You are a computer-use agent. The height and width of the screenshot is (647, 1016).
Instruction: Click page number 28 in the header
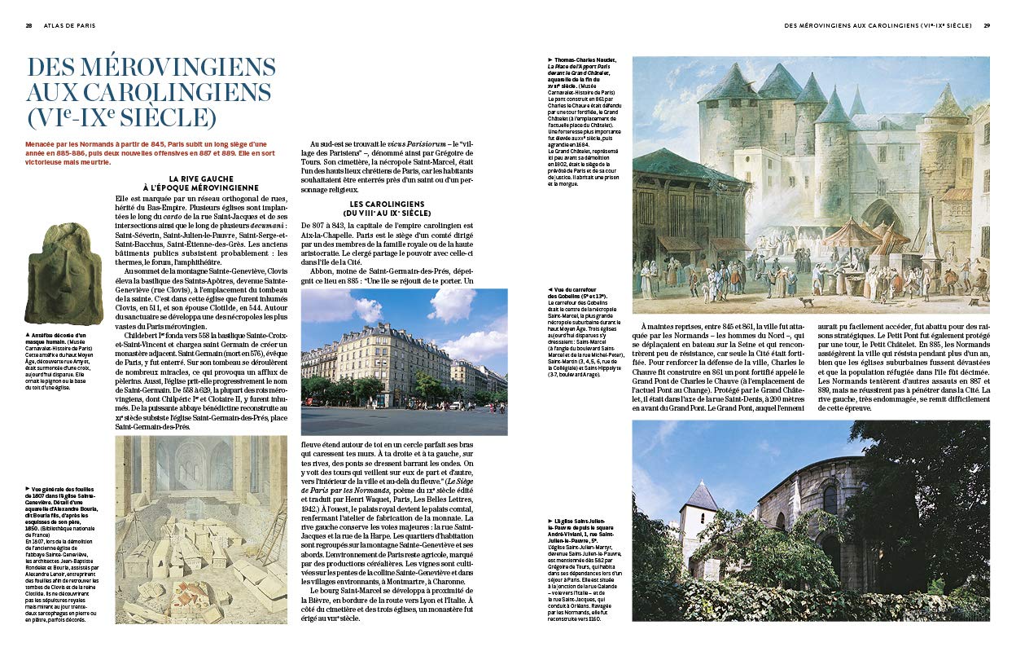tap(29, 25)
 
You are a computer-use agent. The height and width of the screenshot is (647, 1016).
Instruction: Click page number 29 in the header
tap(987, 25)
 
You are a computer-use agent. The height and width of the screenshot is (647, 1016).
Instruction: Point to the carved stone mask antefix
tap(63, 274)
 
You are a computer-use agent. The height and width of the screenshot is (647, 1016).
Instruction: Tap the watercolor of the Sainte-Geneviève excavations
tap(201, 530)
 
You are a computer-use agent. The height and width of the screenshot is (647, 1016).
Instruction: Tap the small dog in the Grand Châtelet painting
tap(806, 301)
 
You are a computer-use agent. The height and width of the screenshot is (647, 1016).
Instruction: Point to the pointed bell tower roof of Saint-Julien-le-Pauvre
tap(700, 495)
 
